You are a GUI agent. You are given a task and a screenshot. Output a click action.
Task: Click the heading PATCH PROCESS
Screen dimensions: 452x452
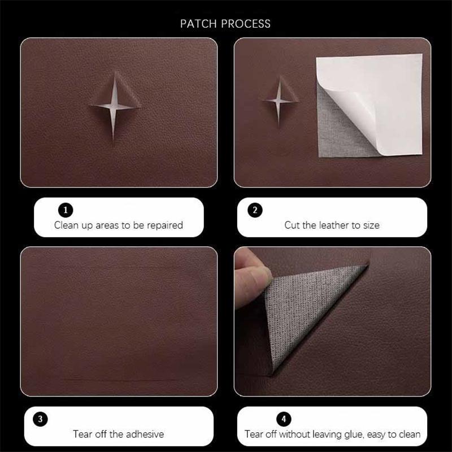[x=225, y=24]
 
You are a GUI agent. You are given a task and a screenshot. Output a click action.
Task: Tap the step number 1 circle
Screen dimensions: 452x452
[x=66, y=210]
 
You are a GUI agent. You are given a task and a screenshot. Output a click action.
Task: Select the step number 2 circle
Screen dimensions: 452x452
[x=255, y=210]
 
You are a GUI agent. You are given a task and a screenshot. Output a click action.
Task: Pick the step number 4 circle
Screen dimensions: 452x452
[x=284, y=419]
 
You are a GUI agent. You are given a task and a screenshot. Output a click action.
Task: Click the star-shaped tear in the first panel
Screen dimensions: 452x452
[x=114, y=102]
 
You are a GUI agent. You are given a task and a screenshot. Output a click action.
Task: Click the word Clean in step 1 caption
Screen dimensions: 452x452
[x=67, y=225]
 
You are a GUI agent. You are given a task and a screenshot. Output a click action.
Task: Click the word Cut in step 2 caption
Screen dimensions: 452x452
[x=292, y=225]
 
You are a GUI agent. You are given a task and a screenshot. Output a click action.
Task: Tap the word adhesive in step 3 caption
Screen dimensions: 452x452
[x=144, y=434]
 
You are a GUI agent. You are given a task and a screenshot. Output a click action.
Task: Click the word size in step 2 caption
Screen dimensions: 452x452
[x=370, y=225]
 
